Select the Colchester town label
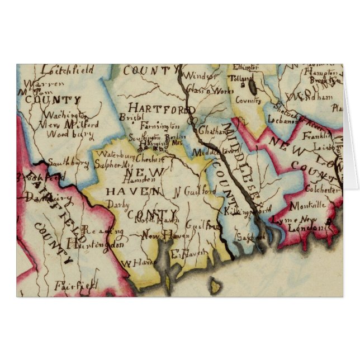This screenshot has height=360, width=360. pos(322,190)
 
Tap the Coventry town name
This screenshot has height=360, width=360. pos(248,101)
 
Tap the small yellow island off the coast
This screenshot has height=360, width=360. pos(215,288)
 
